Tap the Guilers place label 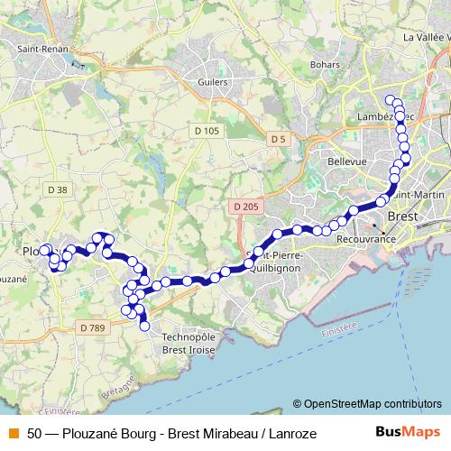point(213,80)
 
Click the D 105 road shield point(207,132)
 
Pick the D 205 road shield point(244,207)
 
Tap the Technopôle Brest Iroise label point(192,343)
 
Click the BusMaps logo point(406,433)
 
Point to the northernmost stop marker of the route point(391,100)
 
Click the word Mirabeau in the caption point(233,434)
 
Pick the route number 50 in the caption point(34,434)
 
